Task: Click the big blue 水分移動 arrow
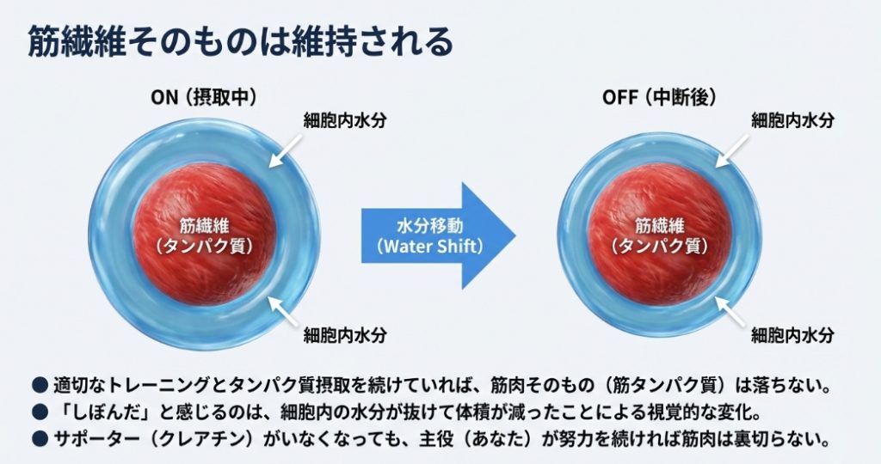tap(439, 235)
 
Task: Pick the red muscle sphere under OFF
tap(659, 235)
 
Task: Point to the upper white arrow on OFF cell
tap(732, 149)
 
